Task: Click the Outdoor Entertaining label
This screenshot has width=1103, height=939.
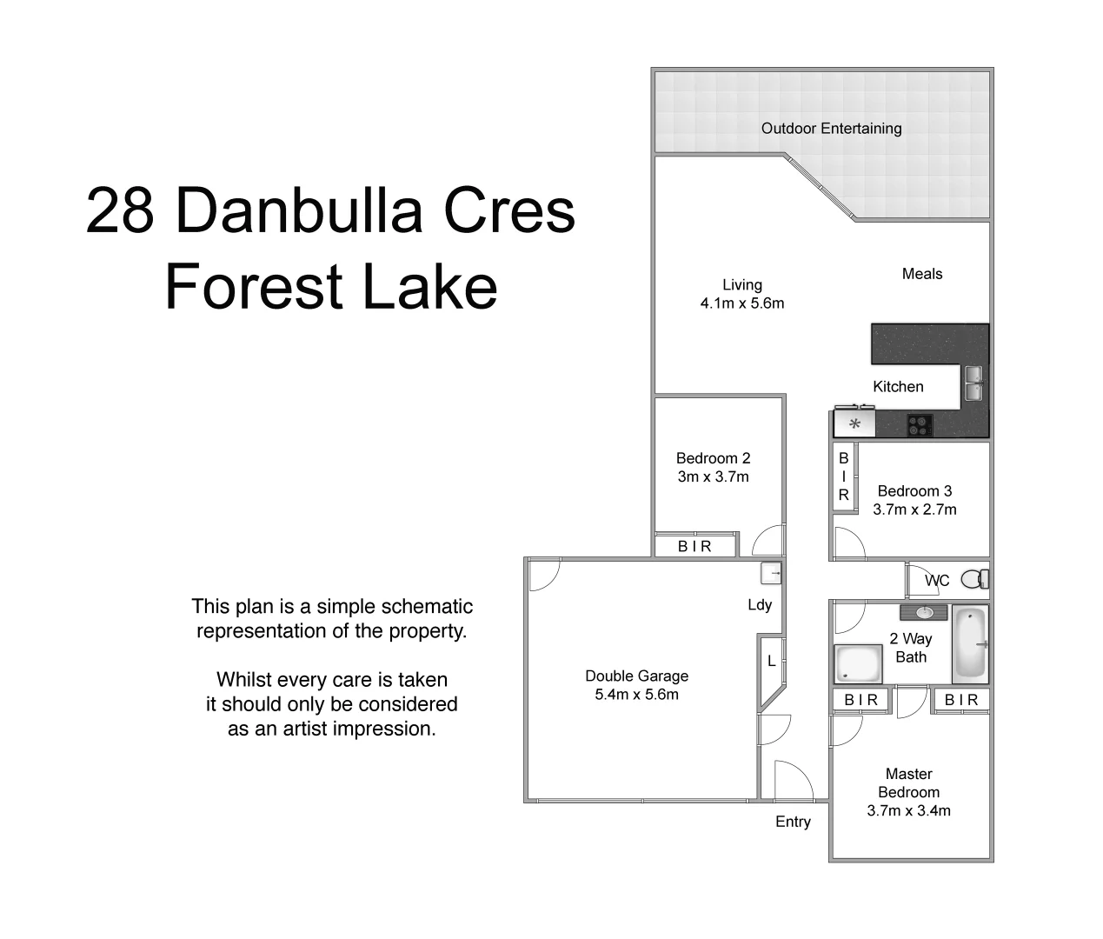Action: [831, 129]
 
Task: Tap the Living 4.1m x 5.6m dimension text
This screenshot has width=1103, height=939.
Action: [741, 303]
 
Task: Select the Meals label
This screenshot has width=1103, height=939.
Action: [921, 274]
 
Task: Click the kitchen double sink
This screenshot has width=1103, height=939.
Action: [973, 383]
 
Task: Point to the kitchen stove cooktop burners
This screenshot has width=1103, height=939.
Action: [920, 425]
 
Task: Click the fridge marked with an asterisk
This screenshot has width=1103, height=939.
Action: [855, 424]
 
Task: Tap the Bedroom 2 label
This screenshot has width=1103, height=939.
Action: [713, 458]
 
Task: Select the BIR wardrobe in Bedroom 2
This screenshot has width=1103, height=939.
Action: [694, 546]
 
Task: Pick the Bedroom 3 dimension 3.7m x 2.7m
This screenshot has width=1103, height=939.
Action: [914, 509]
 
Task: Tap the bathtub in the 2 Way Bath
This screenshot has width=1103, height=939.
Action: [970, 644]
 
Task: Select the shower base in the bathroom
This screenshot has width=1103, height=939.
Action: [858, 664]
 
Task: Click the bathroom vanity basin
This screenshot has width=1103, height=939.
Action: [924, 613]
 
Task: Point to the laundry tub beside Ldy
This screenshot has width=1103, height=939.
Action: [770, 574]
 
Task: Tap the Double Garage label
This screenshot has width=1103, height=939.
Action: [636, 676]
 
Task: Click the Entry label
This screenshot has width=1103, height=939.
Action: [793, 822]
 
